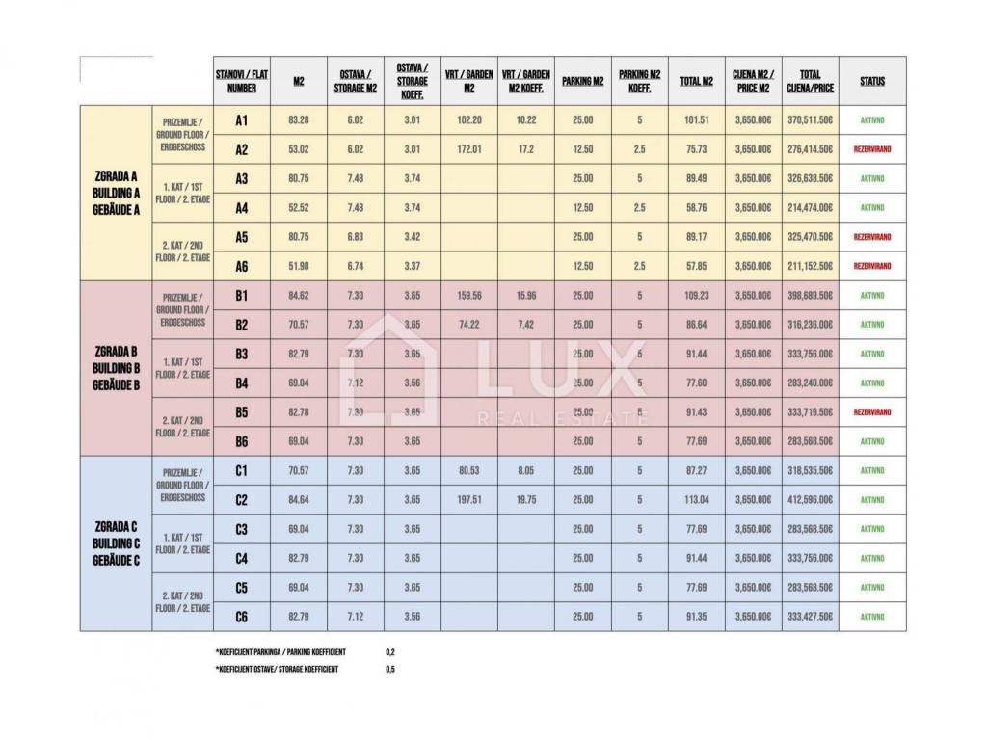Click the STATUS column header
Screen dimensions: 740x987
tap(871, 82)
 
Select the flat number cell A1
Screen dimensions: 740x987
tap(242, 120)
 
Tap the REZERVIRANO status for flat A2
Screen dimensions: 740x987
tap(871, 149)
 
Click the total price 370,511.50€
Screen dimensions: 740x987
tap(810, 120)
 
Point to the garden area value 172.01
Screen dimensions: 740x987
tap(469, 149)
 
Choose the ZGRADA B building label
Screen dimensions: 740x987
tap(116, 367)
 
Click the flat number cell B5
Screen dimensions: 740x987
tap(242, 411)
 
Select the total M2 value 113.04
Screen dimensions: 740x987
tap(697, 500)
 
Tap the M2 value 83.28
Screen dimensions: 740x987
tap(298, 120)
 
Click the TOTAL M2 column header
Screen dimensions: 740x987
tap(697, 82)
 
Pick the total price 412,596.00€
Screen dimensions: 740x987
tap(810, 500)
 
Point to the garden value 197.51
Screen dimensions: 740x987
tap(469, 500)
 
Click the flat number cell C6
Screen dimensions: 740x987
tap(242, 616)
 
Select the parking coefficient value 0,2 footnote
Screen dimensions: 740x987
tap(389, 651)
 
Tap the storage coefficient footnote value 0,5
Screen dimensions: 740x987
tap(389, 669)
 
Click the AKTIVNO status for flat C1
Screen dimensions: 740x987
tap(871, 470)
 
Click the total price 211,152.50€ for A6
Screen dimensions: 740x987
tap(810, 266)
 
